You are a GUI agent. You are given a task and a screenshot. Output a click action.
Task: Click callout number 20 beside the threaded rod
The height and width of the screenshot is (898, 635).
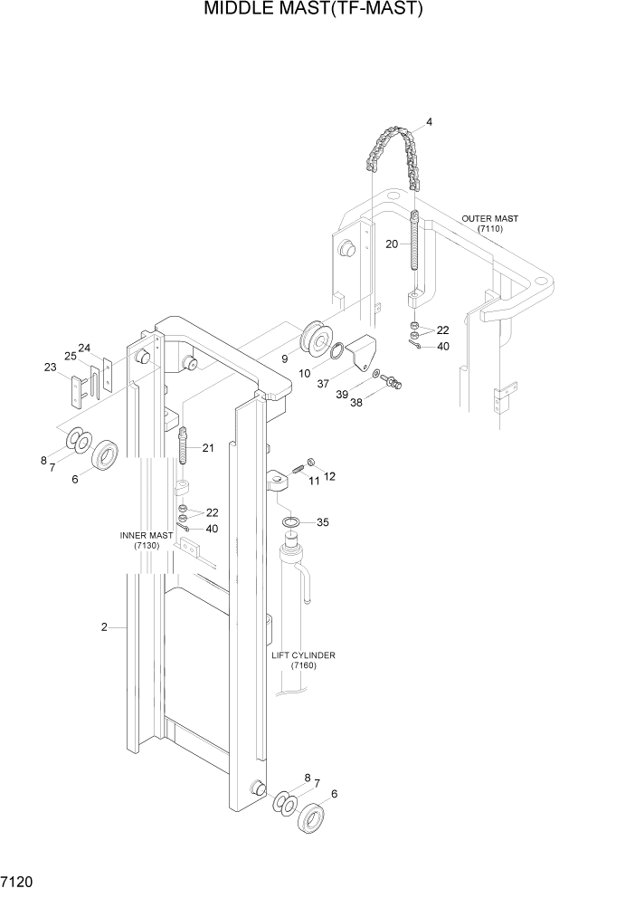(392, 243)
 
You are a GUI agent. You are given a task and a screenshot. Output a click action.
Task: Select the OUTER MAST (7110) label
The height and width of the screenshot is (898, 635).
(489, 224)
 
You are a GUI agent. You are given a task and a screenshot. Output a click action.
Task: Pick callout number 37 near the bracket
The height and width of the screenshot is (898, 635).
(323, 383)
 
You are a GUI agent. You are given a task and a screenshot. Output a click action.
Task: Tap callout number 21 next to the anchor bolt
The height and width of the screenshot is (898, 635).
(208, 448)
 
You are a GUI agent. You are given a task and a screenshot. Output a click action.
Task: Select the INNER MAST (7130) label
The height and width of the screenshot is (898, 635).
(146, 540)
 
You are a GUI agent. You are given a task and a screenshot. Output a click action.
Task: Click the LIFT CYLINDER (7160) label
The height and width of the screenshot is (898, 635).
(303, 660)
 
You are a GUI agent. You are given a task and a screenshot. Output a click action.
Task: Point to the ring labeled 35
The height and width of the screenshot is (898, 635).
(292, 523)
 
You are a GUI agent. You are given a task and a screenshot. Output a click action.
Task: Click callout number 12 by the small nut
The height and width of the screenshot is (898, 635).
(329, 476)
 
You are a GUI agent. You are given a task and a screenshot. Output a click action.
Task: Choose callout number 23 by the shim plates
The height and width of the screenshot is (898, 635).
(50, 367)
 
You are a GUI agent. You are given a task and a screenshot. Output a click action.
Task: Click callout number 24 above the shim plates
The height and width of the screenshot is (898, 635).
(84, 348)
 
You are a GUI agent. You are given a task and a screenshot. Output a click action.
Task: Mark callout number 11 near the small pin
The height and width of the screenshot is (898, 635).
(315, 482)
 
